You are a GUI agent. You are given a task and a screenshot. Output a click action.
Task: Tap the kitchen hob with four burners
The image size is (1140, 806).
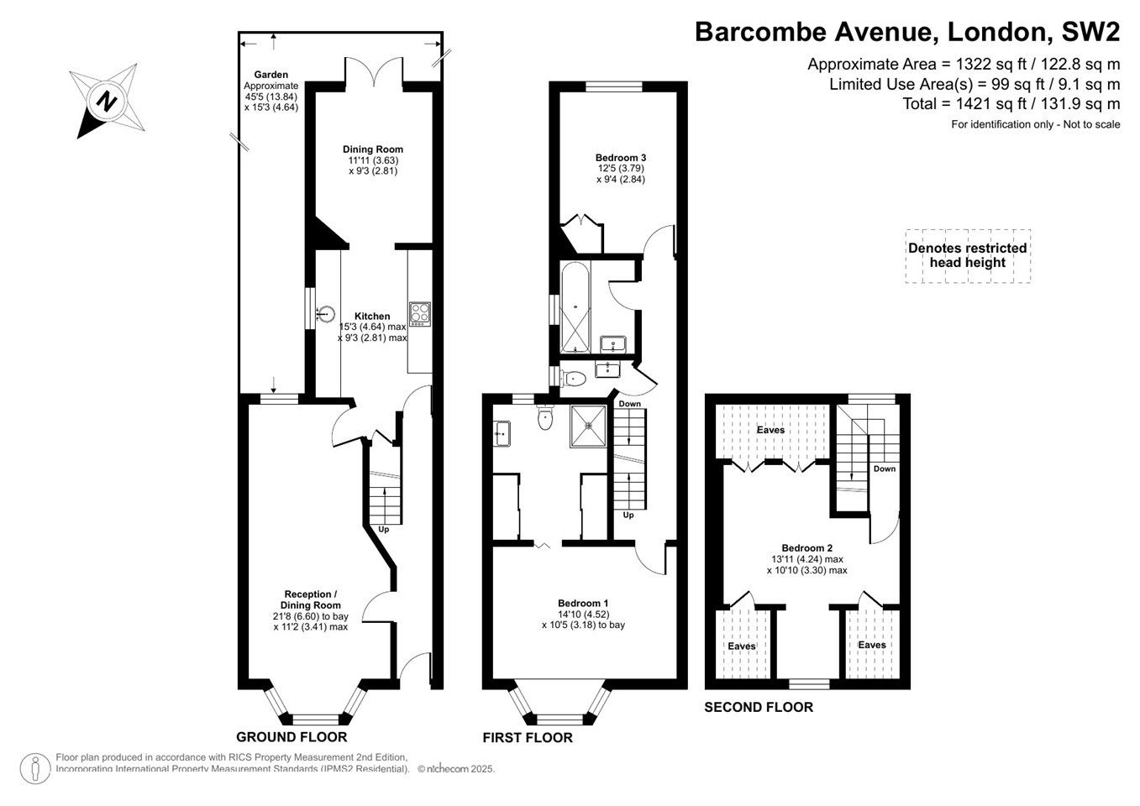coord(420,314)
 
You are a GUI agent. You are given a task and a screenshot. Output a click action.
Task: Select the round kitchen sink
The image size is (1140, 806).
coord(326,314)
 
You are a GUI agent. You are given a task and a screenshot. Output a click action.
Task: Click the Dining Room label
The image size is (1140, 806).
coord(373,149)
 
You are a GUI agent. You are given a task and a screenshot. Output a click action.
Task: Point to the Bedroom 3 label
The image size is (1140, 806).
coord(621,158)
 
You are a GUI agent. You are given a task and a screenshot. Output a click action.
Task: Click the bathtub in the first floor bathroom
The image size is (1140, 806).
coord(575,307)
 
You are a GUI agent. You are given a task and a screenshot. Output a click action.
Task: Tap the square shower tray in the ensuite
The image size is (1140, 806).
coord(588,427)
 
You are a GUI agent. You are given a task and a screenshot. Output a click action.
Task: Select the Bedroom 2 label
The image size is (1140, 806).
coord(807,547)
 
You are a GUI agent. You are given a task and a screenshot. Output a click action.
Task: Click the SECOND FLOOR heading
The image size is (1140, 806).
coord(759,707)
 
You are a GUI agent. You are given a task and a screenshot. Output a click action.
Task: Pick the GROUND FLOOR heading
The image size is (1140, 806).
coord(292,737)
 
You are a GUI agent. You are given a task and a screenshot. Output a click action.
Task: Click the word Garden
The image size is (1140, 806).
coord(271,74)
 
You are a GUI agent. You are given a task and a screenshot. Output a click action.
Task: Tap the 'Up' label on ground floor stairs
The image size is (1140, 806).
coord(384,530)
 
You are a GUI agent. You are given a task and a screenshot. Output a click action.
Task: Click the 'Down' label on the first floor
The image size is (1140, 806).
coord(630,404)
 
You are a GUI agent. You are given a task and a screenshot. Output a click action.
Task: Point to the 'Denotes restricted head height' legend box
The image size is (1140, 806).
coord(968,256)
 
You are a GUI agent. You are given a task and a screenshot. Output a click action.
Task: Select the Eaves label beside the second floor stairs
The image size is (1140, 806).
coord(770,430)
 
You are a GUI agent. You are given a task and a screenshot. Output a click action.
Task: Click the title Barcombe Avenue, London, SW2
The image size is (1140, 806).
coord(907,32)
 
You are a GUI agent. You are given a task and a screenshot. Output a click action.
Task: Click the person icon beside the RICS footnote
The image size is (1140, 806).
coord(35,768)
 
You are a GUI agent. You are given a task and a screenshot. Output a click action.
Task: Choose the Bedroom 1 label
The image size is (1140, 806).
coord(583,603)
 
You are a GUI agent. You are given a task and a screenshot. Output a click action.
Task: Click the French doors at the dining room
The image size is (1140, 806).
coord(375,71)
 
